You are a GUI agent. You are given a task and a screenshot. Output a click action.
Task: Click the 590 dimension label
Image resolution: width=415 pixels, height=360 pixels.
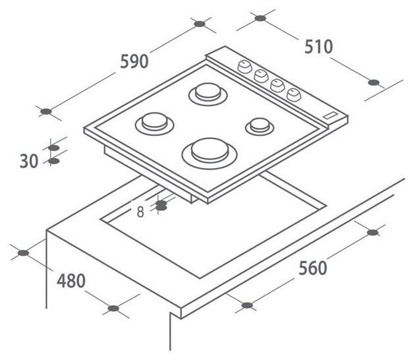click(134, 61)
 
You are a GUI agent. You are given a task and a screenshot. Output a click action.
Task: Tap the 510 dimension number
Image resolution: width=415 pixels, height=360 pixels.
click(318, 47)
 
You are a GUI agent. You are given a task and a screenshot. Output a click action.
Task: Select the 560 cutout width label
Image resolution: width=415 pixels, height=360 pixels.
click(313, 268)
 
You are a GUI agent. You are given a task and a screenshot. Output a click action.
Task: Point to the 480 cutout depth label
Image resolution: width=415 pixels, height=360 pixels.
click(71, 281)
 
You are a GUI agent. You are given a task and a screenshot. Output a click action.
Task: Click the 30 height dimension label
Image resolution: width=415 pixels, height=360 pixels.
click(29, 161)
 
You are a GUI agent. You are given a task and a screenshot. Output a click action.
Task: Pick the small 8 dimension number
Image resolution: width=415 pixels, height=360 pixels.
click(140, 212)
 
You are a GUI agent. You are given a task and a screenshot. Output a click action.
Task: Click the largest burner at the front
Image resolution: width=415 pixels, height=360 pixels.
click(209, 154)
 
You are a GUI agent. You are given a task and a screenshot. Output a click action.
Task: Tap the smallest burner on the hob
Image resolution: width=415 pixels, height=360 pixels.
click(260, 127)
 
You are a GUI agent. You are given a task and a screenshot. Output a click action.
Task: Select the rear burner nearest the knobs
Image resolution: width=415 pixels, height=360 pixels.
click(207, 94)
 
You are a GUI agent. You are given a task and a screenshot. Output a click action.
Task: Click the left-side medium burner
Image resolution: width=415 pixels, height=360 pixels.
click(154, 124)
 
